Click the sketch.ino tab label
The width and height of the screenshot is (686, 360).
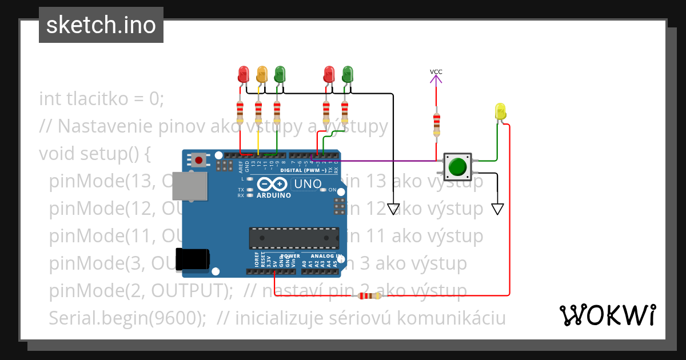point(101,25)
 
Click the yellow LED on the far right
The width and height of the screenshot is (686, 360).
point(500,111)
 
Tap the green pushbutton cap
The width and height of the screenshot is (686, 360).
point(457,166)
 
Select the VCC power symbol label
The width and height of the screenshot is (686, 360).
point(436,72)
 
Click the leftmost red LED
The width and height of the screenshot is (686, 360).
point(244,74)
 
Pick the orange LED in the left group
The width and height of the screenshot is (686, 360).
point(262,74)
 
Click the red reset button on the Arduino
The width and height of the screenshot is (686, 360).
point(198,160)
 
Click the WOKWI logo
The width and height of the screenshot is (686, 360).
point(607,315)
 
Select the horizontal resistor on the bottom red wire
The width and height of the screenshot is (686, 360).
point(370,296)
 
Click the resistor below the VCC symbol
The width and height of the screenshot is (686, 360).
point(437,123)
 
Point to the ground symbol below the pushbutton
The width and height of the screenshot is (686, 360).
point(497,209)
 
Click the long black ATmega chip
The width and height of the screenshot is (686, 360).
point(293,238)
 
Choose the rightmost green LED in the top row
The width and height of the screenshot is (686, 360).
point(347,74)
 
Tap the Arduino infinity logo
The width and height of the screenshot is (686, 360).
point(273,184)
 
